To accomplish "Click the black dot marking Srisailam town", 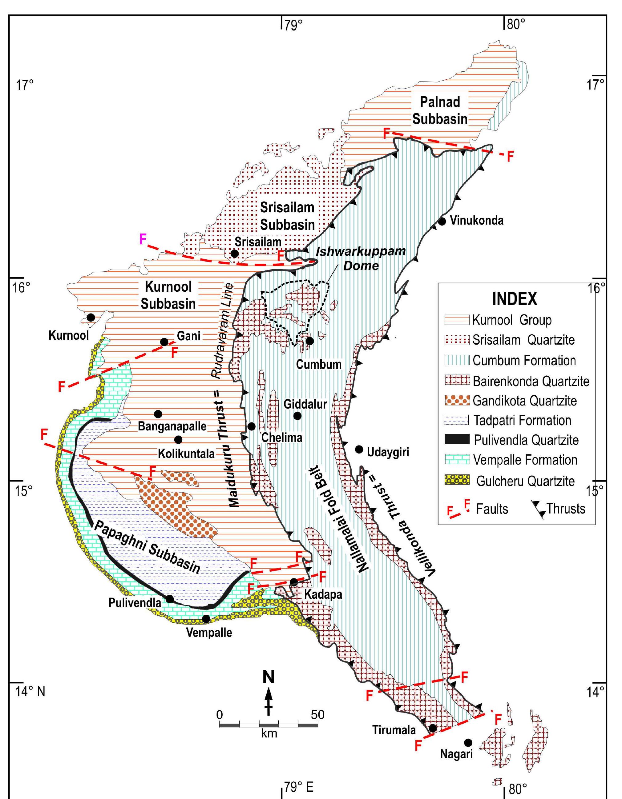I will [x=234, y=254].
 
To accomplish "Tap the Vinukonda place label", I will [x=476, y=221].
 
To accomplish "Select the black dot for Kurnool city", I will [x=91, y=317].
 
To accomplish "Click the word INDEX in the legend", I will [x=514, y=299].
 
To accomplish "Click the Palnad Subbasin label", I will [x=440, y=110].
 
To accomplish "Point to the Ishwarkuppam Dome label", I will [x=361, y=258].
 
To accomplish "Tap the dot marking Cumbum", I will [x=310, y=341].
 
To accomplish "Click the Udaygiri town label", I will [x=388, y=452].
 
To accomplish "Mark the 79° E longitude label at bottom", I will [x=298, y=787].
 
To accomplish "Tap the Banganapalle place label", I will [x=172, y=426].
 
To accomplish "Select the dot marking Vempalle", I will [x=206, y=619].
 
